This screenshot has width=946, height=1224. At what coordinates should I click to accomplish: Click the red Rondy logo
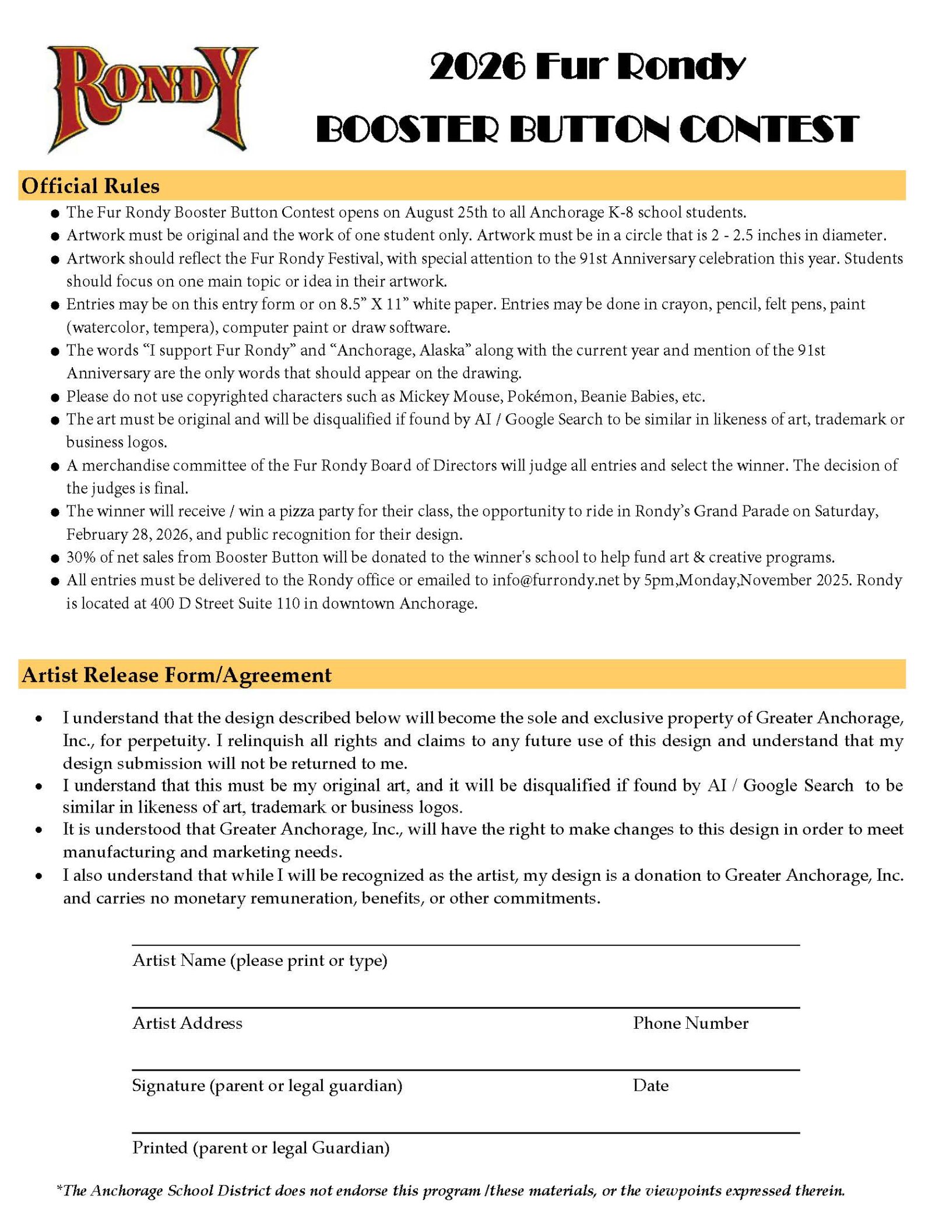(x=153, y=98)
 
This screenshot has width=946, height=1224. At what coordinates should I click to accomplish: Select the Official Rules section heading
(x=91, y=186)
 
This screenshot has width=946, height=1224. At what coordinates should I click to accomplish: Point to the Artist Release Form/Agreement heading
(x=177, y=675)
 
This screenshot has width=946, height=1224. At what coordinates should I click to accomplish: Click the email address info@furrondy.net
(x=555, y=581)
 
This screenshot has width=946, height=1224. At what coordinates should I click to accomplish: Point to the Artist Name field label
(x=260, y=961)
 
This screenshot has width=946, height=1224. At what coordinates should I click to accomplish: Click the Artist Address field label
(x=187, y=1023)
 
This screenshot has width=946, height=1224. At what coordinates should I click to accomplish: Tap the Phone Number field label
(x=691, y=1023)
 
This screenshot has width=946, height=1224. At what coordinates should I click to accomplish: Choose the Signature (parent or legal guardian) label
(x=267, y=1085)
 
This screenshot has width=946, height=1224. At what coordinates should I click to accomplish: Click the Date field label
(x=650, y=1085)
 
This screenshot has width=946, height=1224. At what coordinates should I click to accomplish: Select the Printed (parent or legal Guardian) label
(x=261, y=1148)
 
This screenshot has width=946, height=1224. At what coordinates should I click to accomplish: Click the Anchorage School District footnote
(x=451, y=1190)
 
